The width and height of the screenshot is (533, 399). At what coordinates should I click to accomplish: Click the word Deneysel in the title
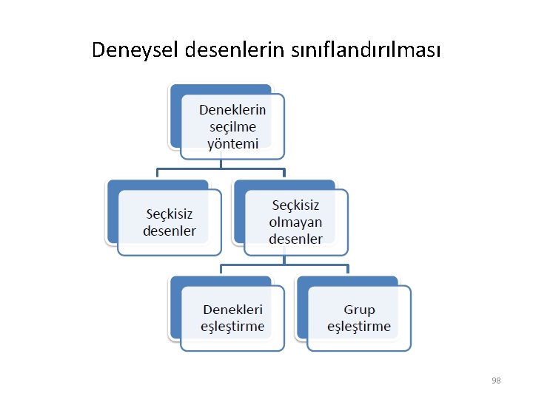click(x=135, y=50)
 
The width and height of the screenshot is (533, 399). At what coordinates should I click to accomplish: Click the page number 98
click(x=496, y=381)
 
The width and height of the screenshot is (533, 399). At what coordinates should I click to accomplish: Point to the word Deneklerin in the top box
click(x=232, y=110)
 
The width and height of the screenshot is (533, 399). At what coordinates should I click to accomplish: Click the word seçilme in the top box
click(x=232, y=126)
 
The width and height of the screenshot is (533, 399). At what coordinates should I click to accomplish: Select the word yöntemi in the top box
click(x=232, y=143)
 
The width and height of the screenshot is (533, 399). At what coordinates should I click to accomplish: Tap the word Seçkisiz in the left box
click(x=170, y=214)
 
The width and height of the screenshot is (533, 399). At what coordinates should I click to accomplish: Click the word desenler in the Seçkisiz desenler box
click(x=170, y=231)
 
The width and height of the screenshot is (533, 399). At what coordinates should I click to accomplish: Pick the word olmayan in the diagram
click(x=295, y=222)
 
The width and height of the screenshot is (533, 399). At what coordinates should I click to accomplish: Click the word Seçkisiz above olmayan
click(x=295, y=205)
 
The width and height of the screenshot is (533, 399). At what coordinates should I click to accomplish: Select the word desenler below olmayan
click(x=295, y=239)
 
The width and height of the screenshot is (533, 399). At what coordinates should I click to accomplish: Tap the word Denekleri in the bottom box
click(x=232, y=310)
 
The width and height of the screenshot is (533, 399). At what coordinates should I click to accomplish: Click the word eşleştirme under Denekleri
click(x=232, y=327)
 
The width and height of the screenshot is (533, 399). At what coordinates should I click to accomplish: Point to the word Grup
click(x=359, y=310)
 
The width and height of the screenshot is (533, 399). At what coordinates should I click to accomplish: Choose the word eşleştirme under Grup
click(x=359, y=327)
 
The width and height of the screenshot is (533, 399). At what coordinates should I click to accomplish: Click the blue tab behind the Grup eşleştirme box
click(x=301, y=310)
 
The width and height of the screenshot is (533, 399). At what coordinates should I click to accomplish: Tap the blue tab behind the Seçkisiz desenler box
click(x=113, y=214)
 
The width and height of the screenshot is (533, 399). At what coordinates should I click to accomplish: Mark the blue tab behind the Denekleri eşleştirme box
click(x=175, y=310)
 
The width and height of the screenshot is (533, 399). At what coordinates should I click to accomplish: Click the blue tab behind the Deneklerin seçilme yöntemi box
click(x=175, y=118)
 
